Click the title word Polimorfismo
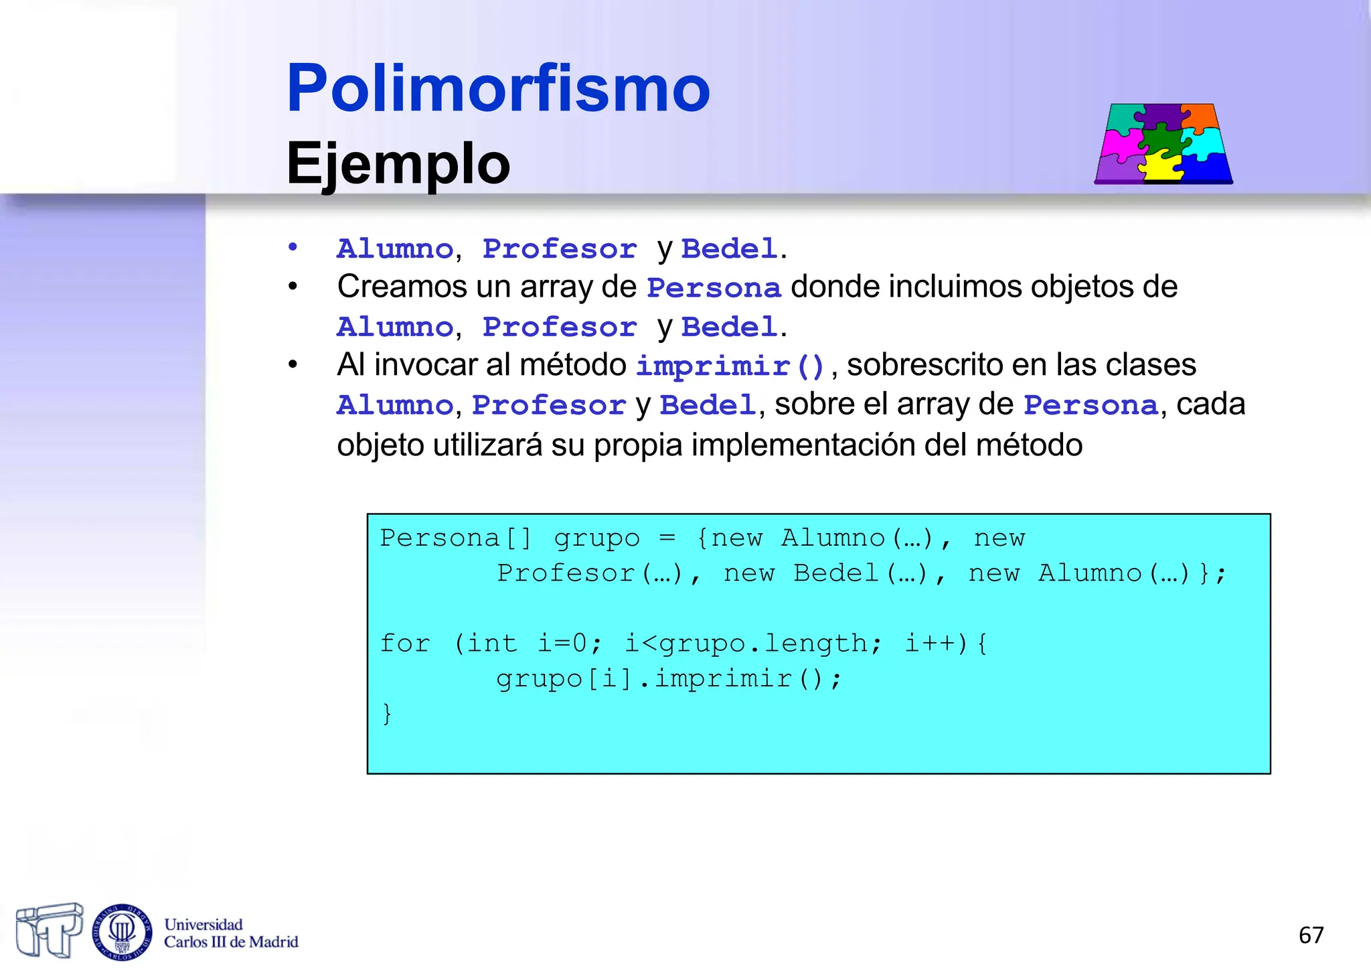[498, 88]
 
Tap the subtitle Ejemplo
[398, 164]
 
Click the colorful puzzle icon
[1163, 143]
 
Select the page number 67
[1311, 935]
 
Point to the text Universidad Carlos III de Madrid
[230, 934]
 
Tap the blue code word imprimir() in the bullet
[730, 366]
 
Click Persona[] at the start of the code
[455, 538]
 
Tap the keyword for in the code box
[404, 644]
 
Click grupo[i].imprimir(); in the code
[668, 679]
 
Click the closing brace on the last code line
[386, 713]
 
